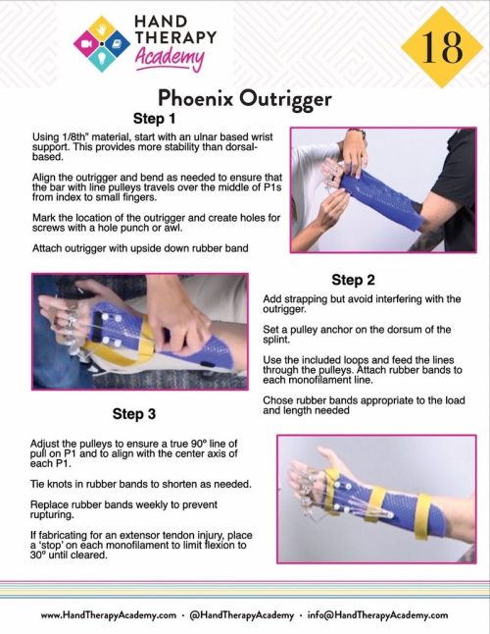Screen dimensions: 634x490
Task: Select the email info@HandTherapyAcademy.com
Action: [381, 614]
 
